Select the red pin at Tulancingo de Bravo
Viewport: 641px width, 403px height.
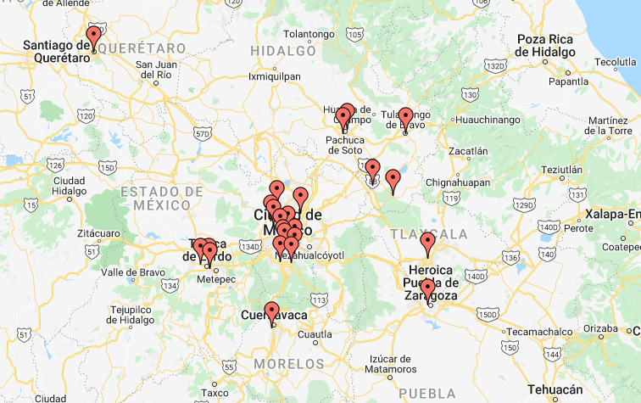405,119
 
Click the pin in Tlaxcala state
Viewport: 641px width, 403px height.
427,244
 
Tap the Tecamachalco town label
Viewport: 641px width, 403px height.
530,331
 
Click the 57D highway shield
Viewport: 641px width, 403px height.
202,133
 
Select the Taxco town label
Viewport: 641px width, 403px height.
215,393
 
